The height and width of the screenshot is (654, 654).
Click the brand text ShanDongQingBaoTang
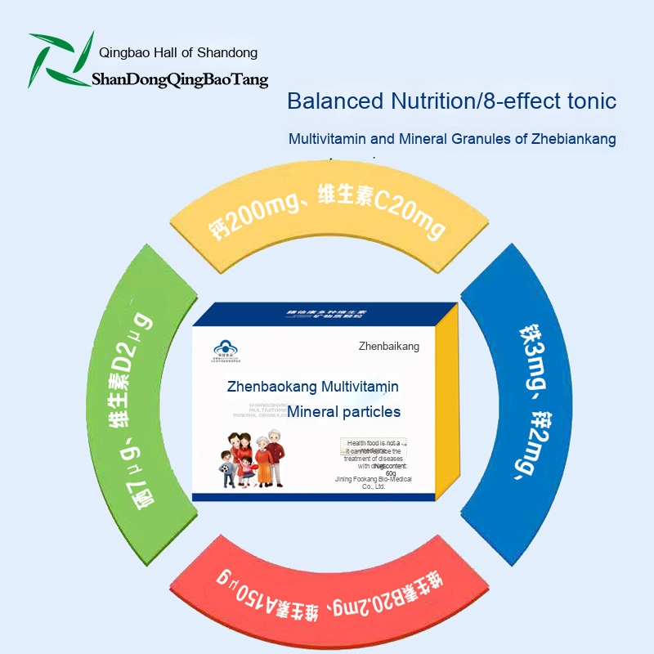(180, 80)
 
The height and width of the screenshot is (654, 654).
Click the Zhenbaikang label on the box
(388, 347)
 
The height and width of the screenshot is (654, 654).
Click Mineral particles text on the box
(343, 411)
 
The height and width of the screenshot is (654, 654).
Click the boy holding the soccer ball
(226, 468)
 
